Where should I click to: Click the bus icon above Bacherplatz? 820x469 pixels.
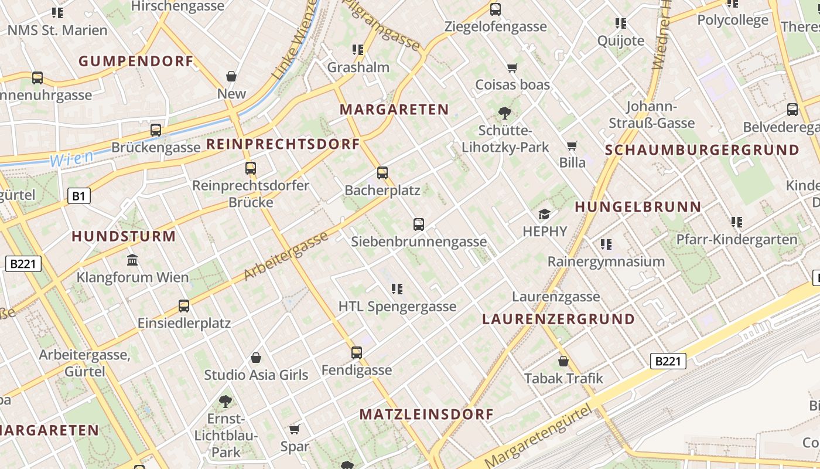[x=382, y=173]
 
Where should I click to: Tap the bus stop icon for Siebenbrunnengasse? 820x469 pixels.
[x=419, y=224]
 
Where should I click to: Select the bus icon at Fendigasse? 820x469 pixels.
[x=357, y=352]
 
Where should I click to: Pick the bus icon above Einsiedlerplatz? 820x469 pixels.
[x=184, y=305]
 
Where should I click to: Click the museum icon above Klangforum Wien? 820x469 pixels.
[x=132, y=260]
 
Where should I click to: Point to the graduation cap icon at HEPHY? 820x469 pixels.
[x=545, y=214]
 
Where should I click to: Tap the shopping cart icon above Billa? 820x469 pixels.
[x=572, y=145]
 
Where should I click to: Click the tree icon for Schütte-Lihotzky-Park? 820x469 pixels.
[x=504, y=113]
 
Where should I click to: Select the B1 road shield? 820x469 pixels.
[x=79, y=196]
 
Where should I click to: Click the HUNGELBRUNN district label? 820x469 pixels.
[x=638, y=206]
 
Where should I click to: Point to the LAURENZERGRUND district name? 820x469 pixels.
[x=558, y=319]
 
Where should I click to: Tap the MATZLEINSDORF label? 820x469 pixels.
[x=426, y=414]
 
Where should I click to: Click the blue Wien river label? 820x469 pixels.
[x=71, y=158]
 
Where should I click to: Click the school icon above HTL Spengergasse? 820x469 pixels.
[x=397, y=288]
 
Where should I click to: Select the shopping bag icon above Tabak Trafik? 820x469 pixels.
[x=563, y=361]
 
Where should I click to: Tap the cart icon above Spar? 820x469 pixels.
[x=295, y=429]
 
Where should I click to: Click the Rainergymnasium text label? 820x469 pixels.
[x=606, y=261]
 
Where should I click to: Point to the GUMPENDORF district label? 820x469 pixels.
[x=136, y=61]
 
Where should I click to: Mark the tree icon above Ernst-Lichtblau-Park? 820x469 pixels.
[x=225, y=402]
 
